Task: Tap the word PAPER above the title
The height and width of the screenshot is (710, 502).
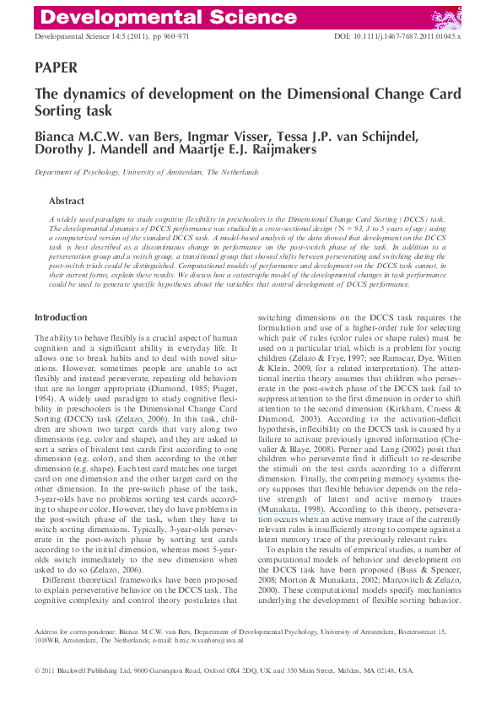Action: point(57,67)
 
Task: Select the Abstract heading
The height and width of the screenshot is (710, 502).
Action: point(67,202)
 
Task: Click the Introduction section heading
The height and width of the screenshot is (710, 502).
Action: point(61,293)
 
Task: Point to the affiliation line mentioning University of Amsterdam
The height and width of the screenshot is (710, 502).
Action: point(146,171)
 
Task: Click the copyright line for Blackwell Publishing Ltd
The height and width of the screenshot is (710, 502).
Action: point(224,670)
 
